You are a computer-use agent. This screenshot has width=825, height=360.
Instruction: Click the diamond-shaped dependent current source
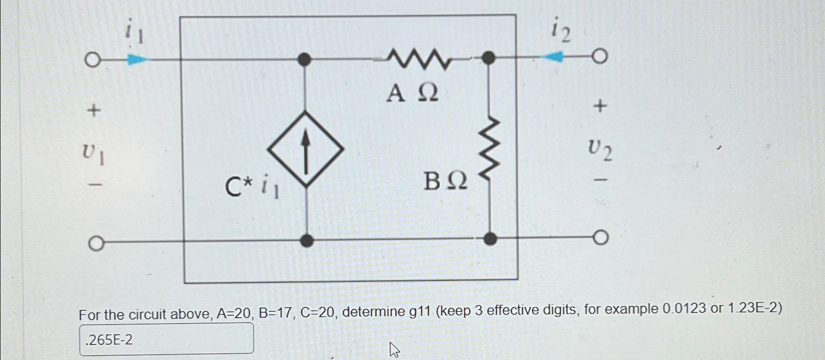(x=305, y=149)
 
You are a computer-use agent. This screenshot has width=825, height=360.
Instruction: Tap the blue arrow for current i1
(x=136, y=60)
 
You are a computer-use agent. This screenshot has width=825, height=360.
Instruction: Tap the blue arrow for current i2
(x=553, y=57)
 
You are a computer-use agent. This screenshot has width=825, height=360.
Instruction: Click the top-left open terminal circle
(x=92, y=61)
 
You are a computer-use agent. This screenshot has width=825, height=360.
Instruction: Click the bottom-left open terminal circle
(x=96, y=243)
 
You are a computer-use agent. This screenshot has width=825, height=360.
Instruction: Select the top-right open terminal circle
(x=600, y=56)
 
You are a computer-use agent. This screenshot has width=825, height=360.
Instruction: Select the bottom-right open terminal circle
(x=601, y=238)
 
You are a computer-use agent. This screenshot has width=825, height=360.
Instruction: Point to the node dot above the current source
(x=304, y=60)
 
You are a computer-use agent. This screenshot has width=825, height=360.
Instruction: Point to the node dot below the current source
(x=307, y=240)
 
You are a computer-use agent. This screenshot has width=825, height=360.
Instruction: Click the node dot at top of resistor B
(x=488, y=58)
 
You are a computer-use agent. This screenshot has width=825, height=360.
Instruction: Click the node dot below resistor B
(x=490, y=239)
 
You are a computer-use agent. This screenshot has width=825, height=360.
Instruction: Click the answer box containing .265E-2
(x=166, y=339)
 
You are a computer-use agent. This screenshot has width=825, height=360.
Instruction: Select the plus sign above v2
(x=600, y=106)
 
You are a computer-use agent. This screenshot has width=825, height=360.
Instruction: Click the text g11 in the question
(x=420, y=311)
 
